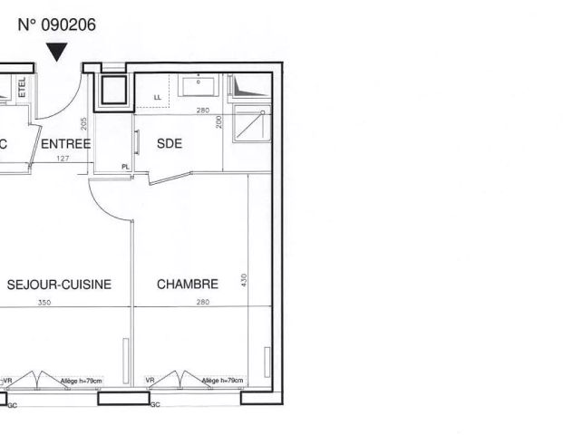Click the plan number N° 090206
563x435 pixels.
[56, 24]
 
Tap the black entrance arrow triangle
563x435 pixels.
[57, 53]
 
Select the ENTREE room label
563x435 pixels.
[66, 144]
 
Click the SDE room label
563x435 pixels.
[170, 144]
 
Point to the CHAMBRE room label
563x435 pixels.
[188, 285]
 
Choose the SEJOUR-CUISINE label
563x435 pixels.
[59, 285]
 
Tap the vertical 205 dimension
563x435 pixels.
[83, 125]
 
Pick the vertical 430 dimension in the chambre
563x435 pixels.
[243, 281]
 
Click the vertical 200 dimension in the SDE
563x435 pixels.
[218, 121]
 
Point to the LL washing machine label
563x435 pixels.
[158, 96]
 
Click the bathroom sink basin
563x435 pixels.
[197, 86]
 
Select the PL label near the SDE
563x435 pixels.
[126, 166]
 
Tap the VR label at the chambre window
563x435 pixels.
[150, 381]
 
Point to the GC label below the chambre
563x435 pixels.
[154, 404]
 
